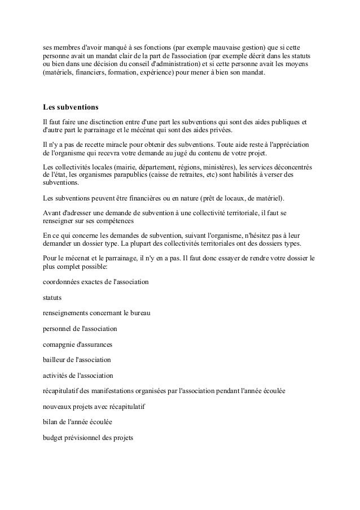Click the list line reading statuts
(x=52, y=296)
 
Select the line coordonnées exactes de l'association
(x=96, y=281)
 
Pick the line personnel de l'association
(x=80, y=328)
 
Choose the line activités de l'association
(x=78, y=374)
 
